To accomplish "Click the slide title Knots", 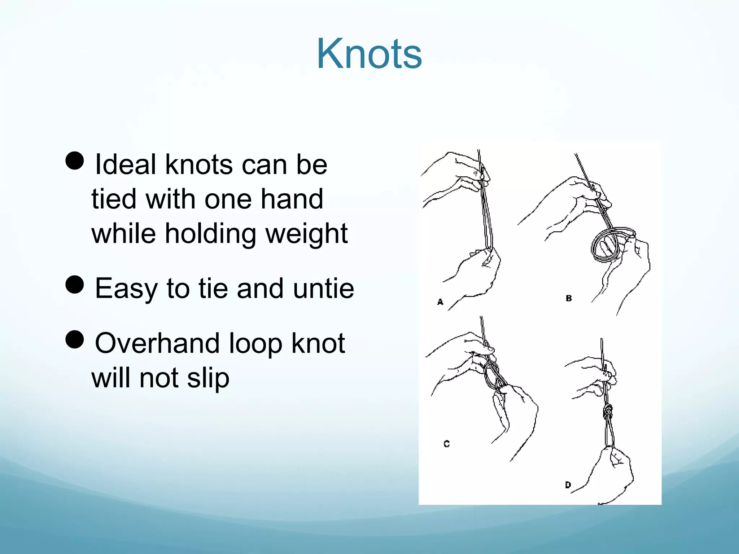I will pos(369,54).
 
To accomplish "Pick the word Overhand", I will pos(157,343).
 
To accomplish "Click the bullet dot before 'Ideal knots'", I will pos(75,161).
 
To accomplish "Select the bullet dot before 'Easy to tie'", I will pos(75,285).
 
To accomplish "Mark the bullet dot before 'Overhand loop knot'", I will pos(75,339).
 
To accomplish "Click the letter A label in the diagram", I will pos(440,302).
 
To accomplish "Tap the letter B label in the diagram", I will pos(569,298).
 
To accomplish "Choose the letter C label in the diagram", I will pos(446,444).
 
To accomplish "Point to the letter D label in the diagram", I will pos(568,485).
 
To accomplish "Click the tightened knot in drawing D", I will pos(608,411).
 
